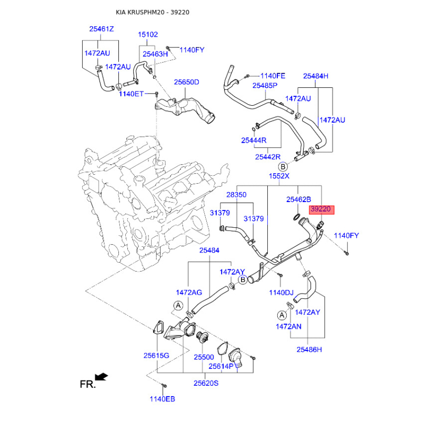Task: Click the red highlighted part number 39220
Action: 320,209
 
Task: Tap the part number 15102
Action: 148,35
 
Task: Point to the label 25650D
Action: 187,82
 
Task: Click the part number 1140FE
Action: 273,75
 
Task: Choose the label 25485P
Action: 265,85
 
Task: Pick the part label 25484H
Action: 316,76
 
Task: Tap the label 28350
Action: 236,195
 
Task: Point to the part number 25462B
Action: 298,200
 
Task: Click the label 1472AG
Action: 189,292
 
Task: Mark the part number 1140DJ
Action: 281,292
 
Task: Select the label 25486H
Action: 309,349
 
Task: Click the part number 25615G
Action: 156,356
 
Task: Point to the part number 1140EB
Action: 162,399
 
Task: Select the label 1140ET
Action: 131,94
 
